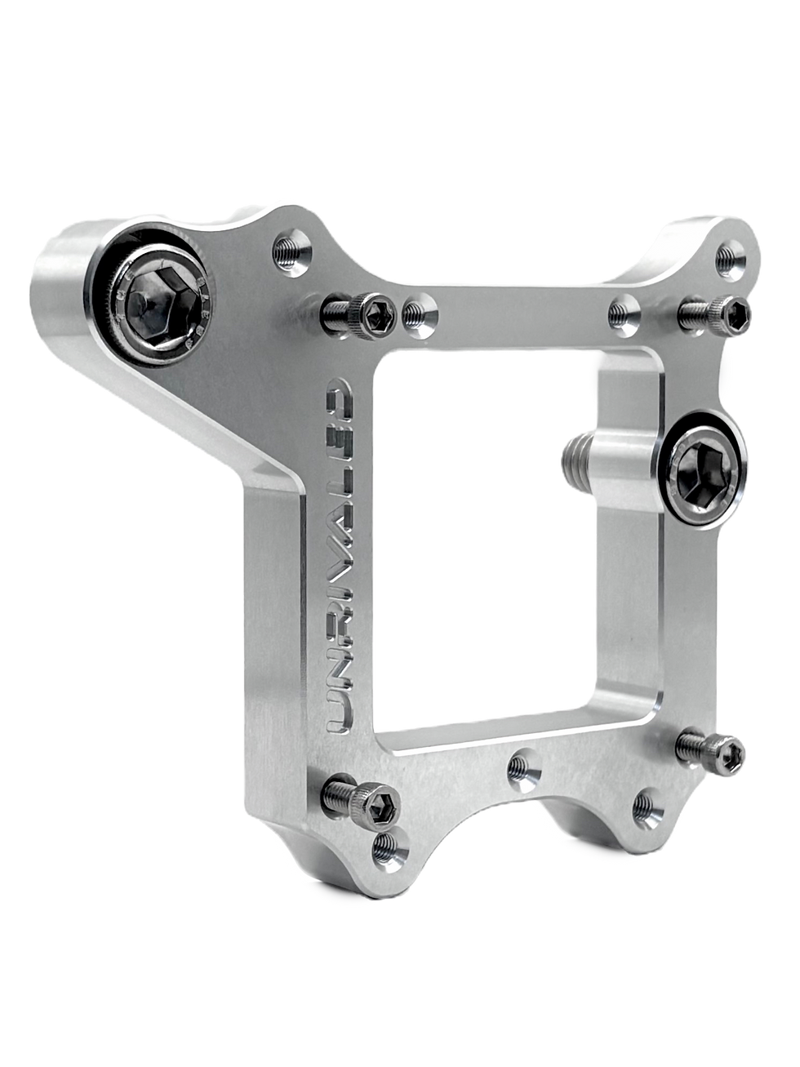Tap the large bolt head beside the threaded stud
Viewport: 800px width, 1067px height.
pos(702,469)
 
